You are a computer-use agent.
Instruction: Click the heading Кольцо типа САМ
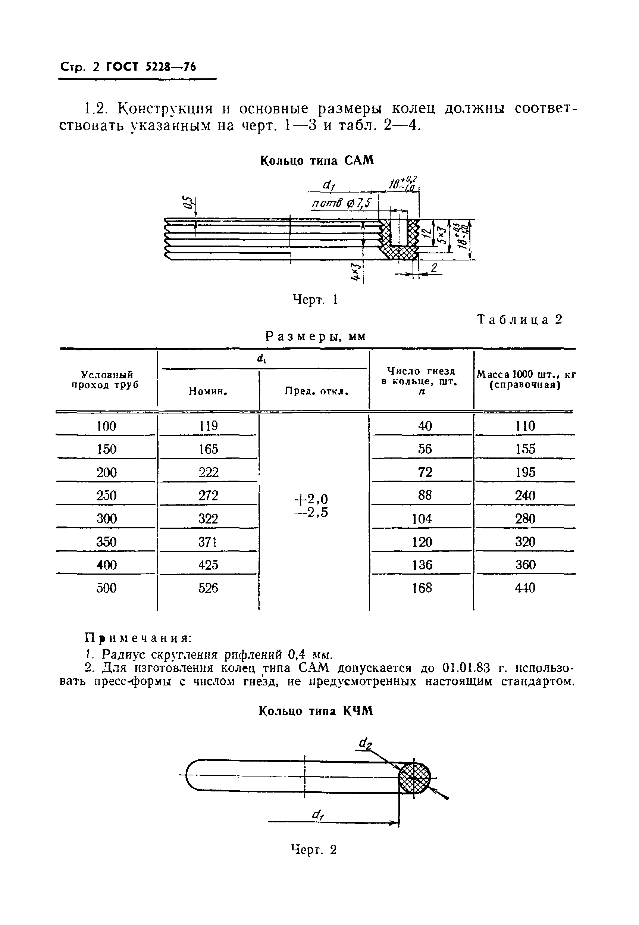pos(317,160)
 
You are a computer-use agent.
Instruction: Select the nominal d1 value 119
pos(208,426)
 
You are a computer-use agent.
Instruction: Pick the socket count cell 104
pos(422,519)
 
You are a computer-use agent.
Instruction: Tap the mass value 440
pos(525,588)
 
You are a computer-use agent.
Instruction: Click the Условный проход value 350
pos(106,542)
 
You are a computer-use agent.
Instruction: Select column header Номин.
pos(208,391)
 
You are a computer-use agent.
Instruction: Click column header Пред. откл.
pos(317,391)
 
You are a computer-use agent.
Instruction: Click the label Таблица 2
pos(520,319)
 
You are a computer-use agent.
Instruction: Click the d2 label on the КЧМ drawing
pos(365,744)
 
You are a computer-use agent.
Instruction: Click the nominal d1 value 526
pos(208,588)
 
